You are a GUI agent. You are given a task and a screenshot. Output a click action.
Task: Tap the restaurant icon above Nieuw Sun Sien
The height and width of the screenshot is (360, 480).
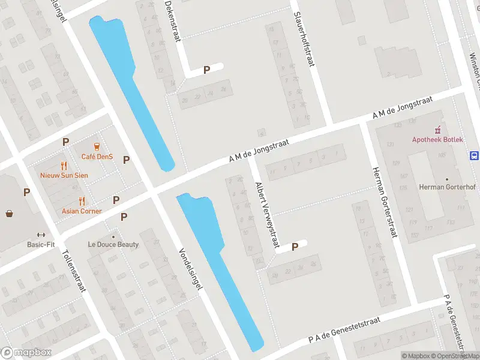(x=64, y=166)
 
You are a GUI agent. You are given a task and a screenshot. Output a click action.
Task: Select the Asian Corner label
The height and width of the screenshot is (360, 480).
(x=82, y=211)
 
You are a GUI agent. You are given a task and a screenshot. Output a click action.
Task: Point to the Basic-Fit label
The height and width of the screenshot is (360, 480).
(x=41, y=244)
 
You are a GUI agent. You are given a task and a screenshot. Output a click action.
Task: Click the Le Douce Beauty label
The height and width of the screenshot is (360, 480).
(x=113, y=244)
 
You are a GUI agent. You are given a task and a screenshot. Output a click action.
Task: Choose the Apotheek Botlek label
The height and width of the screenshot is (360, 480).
(x=437, y=140)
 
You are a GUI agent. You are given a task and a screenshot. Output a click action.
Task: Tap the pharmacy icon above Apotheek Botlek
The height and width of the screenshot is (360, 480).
(x=437, y=129)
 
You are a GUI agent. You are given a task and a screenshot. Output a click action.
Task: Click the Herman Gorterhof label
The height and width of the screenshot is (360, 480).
(x=447, y=187)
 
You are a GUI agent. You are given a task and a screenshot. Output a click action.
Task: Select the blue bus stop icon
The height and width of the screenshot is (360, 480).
(x=474, y=156)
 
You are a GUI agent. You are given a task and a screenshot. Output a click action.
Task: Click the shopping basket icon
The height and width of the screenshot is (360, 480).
(x=10, y=213)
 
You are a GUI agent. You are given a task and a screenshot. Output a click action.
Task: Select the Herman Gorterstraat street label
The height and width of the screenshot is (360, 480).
(x=385, y=202)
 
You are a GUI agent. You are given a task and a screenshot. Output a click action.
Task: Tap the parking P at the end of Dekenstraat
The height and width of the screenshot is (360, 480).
(x=206, y=70)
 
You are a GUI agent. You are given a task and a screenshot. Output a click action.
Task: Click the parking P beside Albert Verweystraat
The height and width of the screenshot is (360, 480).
(x=295, y=247)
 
